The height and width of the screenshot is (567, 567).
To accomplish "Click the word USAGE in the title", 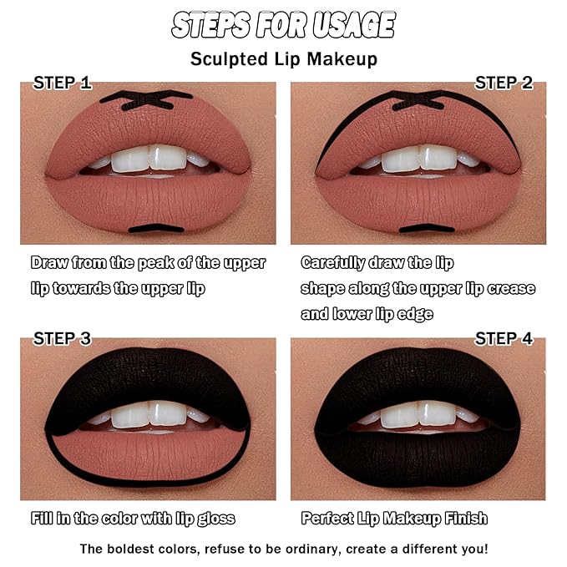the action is tap(354, 25).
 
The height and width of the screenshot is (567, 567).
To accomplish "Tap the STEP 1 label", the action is tap(62, 83).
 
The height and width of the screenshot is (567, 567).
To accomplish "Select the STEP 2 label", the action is tap(504, 83).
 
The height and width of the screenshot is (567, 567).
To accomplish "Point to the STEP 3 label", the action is tap(62, 338).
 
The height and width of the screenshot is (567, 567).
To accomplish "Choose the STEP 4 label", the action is tap(504, 338).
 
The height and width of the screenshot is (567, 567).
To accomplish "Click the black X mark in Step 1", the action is tap(146, 100).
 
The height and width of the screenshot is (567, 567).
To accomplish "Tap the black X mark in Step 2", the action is tap(418, 100).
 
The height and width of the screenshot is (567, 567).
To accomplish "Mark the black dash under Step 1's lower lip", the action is tap(156, 229).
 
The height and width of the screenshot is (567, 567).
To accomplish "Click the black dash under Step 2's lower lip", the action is tap(427, 229).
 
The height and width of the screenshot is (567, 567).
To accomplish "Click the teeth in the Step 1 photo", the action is tap(149, 159).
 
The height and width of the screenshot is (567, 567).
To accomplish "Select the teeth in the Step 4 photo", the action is tap(418, 414).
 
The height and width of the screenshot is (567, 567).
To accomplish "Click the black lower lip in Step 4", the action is tap(418, 458).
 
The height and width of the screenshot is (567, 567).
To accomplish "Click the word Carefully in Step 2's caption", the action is tap(333, 263).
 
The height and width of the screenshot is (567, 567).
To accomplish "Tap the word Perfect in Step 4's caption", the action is tap(327, 519).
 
